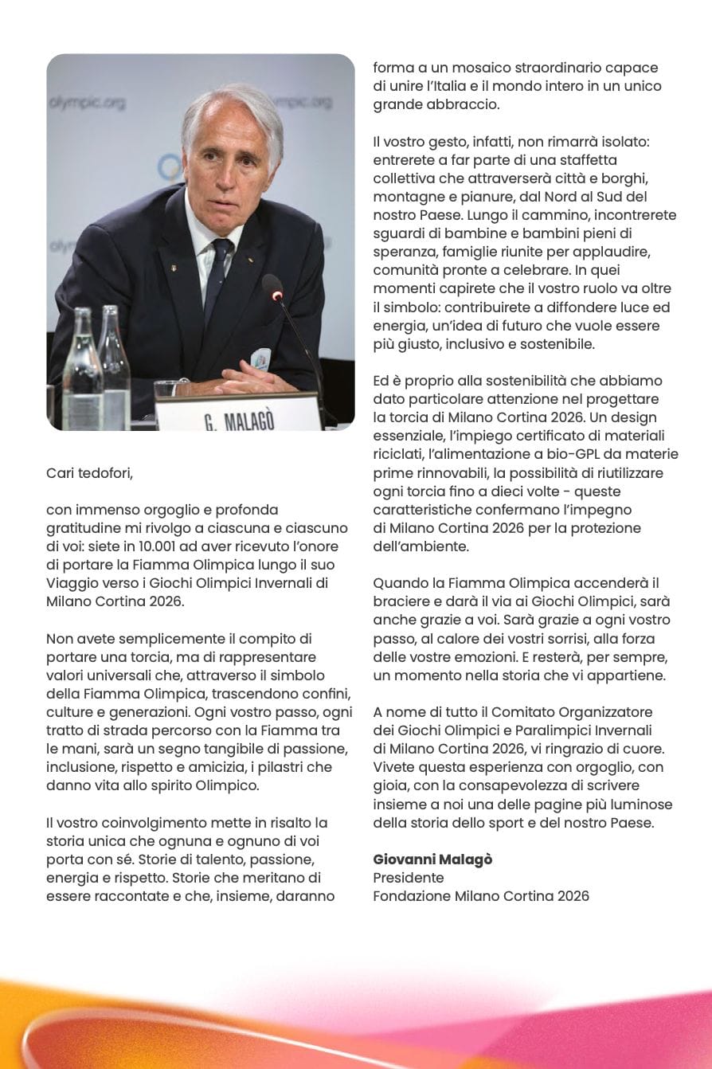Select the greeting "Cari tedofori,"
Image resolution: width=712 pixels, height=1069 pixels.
[89, 473]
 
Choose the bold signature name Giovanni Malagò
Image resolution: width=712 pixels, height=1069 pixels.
[432, 860]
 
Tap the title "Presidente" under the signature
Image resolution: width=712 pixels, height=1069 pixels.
[409, 878]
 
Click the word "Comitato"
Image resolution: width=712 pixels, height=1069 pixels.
[523, 711]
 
